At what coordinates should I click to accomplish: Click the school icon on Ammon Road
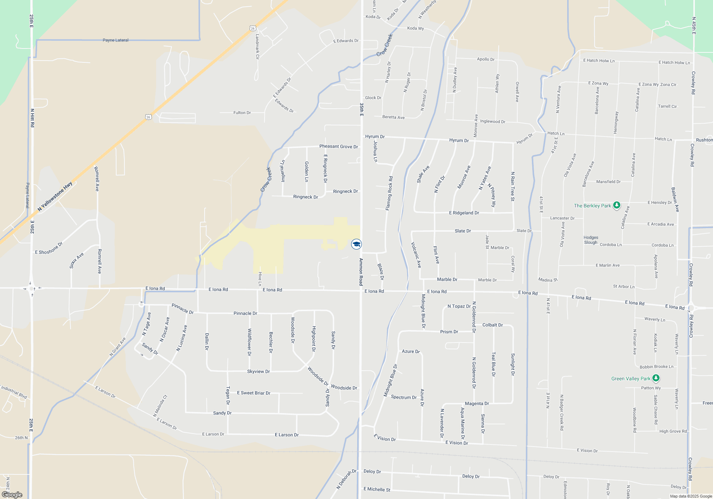pyautogui.click(x=356, y=244)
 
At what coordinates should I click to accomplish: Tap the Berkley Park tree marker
pyautogui.click(x=616, y=205)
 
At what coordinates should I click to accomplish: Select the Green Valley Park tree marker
pyautogui.click(x=656, y=378)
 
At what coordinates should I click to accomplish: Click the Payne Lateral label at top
pyautogui.click(x=116, y=40)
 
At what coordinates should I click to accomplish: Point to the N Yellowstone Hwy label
pyautogui.click(x=55, y=196)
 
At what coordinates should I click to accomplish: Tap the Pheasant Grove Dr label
pyautogui.click(x=338, y=146)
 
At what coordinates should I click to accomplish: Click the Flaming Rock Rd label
pyautogui.click(x=389, y=193)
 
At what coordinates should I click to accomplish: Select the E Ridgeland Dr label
pyautogui.click(x=464, y=213)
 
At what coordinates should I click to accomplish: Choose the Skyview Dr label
pyautogui.click(x=258, y=371)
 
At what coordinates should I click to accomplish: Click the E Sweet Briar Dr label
pyautogui.click(x=253, y=393)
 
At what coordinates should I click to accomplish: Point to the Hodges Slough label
pyautogui.click(x=591, y=240)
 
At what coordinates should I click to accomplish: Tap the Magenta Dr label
pyautogui.click(x=477, y=403)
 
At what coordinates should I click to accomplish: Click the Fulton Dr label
pyautogui.click(x=242, y=113)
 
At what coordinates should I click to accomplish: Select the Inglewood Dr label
pyautogui.click(x=493, y=122)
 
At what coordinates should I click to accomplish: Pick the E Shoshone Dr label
pyautogui.click(x=49, y=248)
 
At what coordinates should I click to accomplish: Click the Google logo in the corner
pyautogui.click(x=12, y=494)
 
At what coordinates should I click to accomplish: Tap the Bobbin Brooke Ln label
pyautogui.click(x=656, y=366)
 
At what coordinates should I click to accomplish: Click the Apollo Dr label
pyautogui.click(x=486, y=59)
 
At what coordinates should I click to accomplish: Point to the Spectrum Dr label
pyautogui.click(x=404, y=397)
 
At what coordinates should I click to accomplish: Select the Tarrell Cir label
pyautogui.click(x=667, y=106)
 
